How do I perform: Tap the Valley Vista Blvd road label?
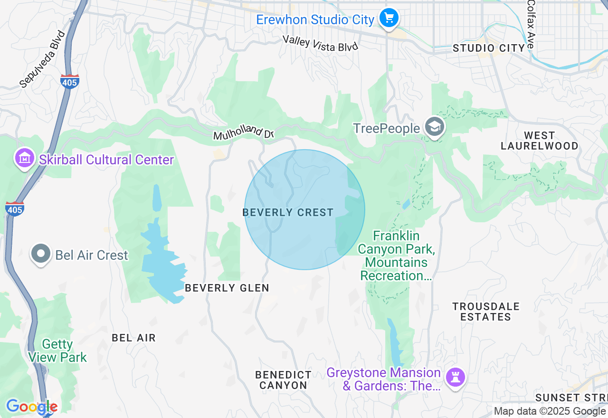320,43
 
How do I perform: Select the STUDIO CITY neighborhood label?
489,48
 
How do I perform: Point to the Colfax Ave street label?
531,24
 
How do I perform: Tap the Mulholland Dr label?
244,133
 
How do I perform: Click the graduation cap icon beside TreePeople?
434,127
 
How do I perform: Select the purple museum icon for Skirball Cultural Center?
24,159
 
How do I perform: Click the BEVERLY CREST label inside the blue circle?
288,212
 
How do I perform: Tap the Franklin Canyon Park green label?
396,256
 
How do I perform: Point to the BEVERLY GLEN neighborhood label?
227,288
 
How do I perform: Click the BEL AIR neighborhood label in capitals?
133,338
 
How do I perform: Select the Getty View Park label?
57,351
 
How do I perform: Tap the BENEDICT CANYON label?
284,380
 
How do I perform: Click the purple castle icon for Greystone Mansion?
456,378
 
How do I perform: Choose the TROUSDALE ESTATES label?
486,312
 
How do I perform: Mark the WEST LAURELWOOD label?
540,141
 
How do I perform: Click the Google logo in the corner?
31,407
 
